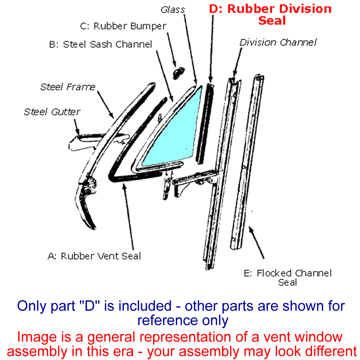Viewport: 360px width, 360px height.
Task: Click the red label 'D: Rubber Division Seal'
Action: (270, 14)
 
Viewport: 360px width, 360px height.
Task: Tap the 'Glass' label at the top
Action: (172, 10)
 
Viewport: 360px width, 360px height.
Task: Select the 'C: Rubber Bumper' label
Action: (123, 27)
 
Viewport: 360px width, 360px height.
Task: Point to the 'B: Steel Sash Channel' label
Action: (100, 44)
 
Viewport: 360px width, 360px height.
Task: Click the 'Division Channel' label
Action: (278, 42)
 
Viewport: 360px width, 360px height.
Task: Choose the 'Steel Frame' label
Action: (68, 87)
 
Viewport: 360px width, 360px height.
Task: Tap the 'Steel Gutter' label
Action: (52, 112)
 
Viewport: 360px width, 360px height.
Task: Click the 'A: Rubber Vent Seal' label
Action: (94, 256)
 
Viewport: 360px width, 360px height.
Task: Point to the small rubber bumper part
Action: (177, 73)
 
